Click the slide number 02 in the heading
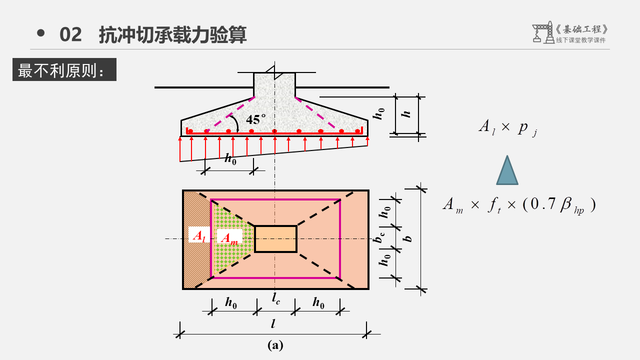point(70,35)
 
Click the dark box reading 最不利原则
point(64,69)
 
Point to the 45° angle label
point(256,119)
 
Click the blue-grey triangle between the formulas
point(507,171)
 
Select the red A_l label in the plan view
point(198,235)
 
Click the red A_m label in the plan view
point(229,238)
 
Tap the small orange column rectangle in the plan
point(275,239)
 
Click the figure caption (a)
point(275,345)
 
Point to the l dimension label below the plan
point(273,323)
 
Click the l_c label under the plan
point(276,299)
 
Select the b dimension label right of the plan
point(409,237)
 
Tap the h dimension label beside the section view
point(407,113)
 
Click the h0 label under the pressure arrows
point(230,159)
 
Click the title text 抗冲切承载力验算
point(173,35)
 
